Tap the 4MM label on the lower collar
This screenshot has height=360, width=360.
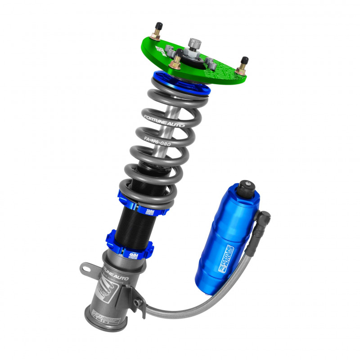(x=133, y=256)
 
